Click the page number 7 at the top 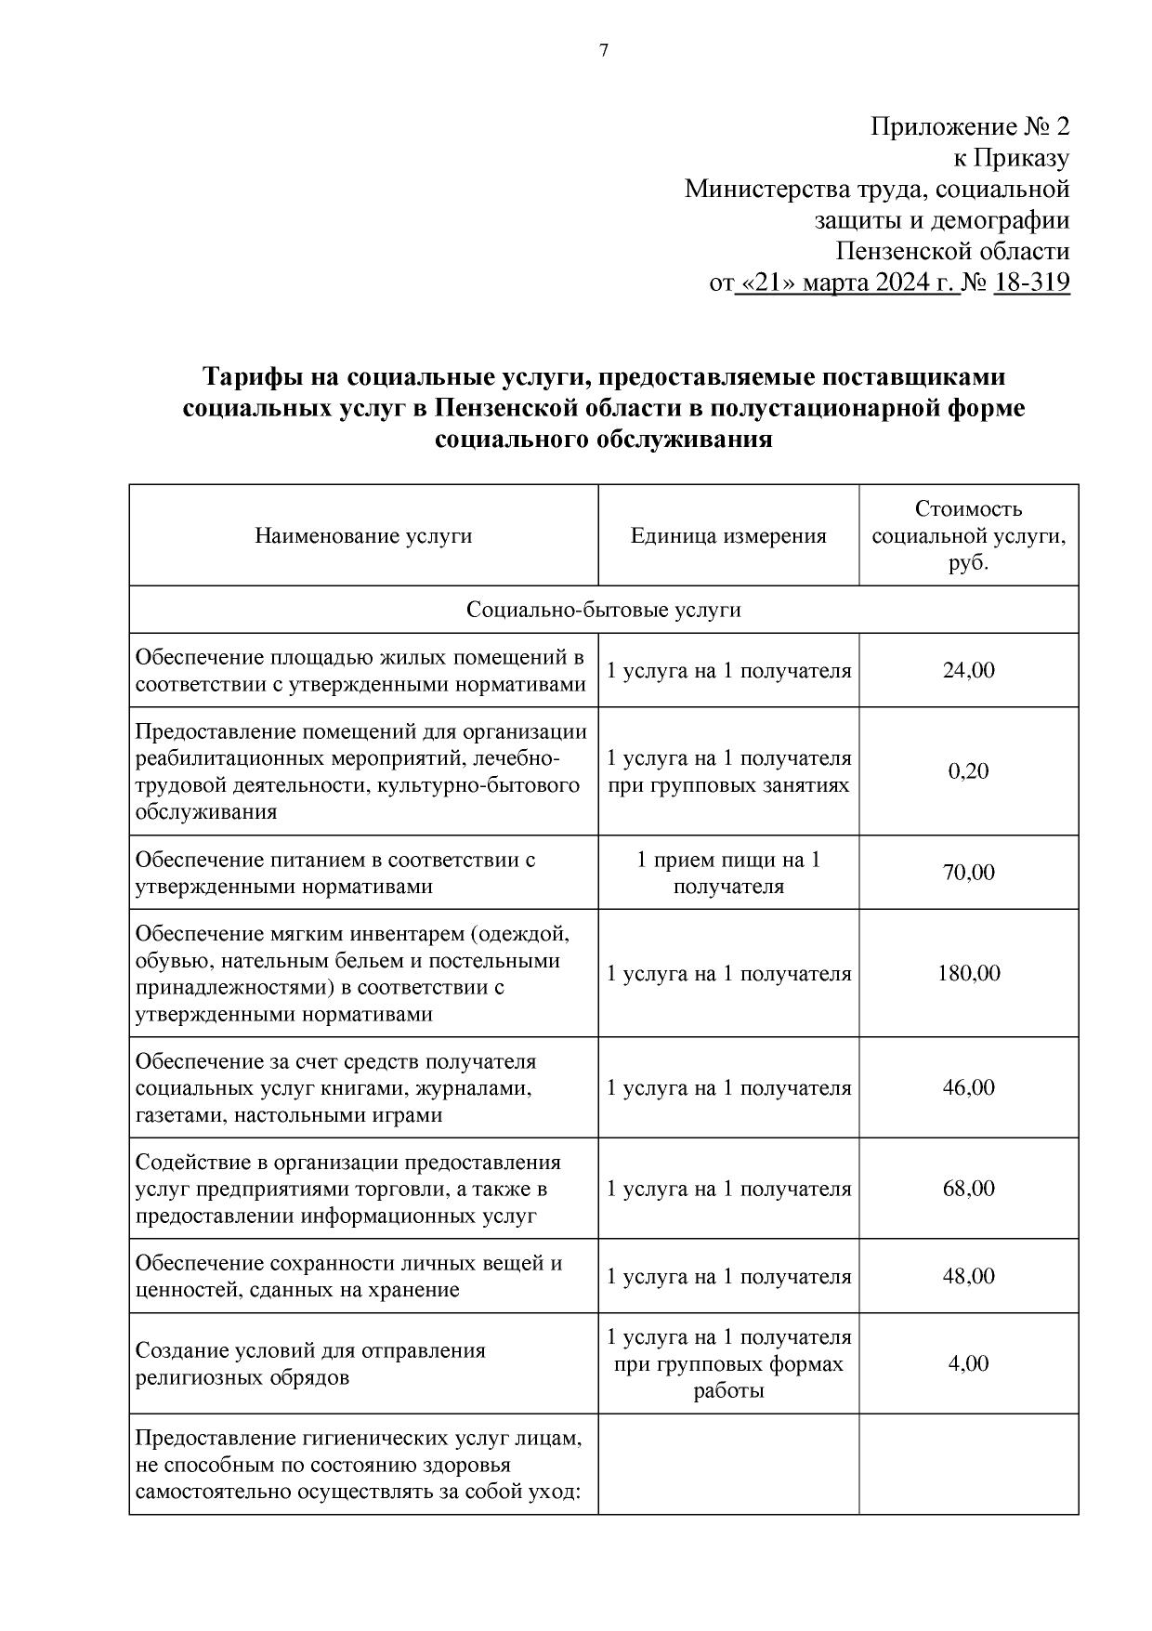(x=604, y=51)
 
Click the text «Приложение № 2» (x=969, y=126)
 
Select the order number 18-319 (x=1031, y=282)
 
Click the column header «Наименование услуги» (x=363, y=536)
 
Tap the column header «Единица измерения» (x=728, y=536)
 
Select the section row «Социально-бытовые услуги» (x=604, y=610)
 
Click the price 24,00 (x=968, y=670)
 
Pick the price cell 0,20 (x=968, y=771)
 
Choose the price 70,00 (x=968, y=873)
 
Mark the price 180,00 (x=968, y=974)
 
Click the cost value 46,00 (x=968, y=1087)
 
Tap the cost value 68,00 (x=968, y=1189)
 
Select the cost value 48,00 (x=968, y=1276)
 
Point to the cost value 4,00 (x=968, y=1363)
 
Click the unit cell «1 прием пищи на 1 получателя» (x=728, y=873)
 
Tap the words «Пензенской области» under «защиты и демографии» (x=952, y=251)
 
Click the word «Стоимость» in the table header (x=968, y=509)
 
